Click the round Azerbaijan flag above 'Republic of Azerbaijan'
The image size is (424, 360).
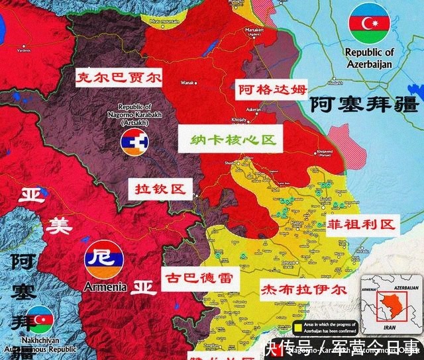point(369,22)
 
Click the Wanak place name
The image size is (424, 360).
point(185,83)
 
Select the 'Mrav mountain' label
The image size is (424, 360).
point(164,22)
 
